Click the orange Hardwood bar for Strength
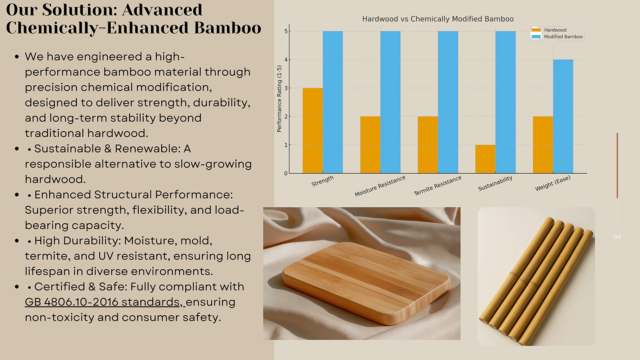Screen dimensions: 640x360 (x=312, y=130)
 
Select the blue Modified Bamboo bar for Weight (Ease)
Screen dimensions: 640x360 (x=563, y=116)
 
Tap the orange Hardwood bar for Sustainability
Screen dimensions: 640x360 (x=485, y=159)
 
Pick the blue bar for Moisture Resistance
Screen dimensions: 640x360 (x=390, y=102)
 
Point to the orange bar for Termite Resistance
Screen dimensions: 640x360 (x=428, y=144)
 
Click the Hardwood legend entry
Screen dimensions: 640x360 (x=549, y=30)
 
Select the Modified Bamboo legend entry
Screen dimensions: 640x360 (x=557, y=36)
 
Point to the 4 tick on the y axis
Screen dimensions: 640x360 (x=286, y=60)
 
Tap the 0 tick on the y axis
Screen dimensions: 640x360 (x=286, y=173)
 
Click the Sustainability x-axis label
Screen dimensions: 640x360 (x=495, y=184)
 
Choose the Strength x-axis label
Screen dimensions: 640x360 (x=322, y=181)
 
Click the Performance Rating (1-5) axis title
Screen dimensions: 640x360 (x=279, y=99)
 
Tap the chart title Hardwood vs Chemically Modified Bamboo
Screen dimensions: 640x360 (x=438, y=19)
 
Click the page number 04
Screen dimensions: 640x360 (x=617, y=237)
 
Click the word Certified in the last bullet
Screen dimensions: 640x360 (x=60, y=286)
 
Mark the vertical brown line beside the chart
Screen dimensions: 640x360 (x=617, y=166)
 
